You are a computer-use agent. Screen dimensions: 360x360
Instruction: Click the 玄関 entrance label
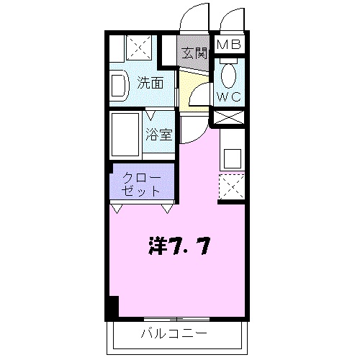coord(194,53)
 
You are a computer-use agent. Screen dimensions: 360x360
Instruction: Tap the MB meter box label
coord(229,44)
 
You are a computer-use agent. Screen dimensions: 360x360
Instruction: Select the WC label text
coord(229,96)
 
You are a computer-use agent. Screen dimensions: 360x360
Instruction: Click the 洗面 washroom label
coord(150,83)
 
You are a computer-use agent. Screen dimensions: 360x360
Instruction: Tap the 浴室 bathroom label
coord(159,135)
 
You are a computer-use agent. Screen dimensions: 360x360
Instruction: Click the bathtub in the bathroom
coord(125,135)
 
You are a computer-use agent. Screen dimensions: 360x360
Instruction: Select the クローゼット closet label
coord(141,185)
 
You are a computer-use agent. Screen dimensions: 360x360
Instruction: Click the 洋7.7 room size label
coord(179,246)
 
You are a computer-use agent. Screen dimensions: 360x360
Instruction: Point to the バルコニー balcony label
coord(174,333)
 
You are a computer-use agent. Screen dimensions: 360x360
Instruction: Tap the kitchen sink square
coord(233,158)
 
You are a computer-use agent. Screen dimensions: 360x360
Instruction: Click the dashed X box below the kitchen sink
coord(232,186)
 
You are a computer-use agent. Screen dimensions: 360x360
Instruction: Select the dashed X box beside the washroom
coord(139,48)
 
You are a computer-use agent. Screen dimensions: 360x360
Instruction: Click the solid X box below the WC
coord(229,117)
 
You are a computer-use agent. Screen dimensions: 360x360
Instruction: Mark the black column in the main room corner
coord(114,306)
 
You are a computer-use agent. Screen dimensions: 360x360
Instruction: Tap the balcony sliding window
coord(176,319)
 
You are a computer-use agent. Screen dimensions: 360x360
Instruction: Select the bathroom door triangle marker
coord(150,115)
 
